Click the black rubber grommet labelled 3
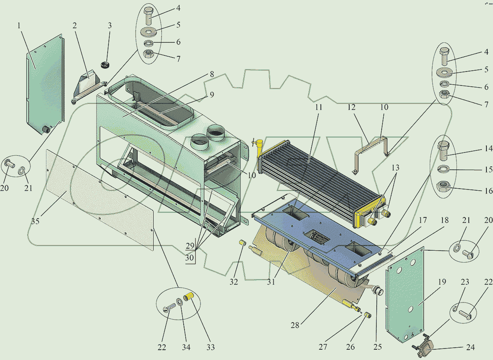click(x=105, y=65)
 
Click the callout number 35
click(x=35, y=221)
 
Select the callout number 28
click(x=295, y=325)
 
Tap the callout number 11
click(x=318, y=107)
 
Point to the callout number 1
click(x=19, y=26)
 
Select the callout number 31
click(x=271, y=282)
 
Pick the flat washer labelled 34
click(x=180, y=301)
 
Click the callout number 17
click(x=423, y=220)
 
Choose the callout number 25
click(x=378, y=347)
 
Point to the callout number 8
click(x=212, y=74)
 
